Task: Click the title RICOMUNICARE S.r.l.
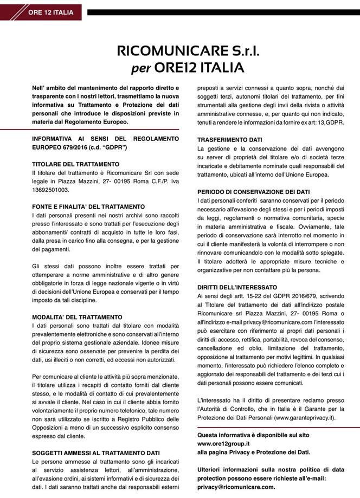click(x=180, y=52)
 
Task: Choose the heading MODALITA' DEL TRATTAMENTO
click(x=78, y=317)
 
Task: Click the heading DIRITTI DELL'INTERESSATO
click(x=237, y=287)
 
